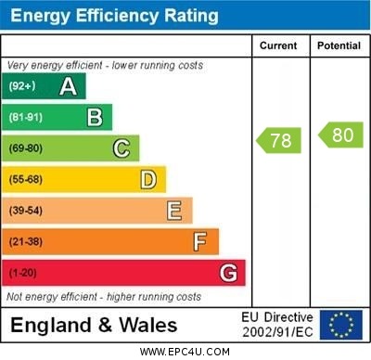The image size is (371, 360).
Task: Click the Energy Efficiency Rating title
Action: coord(113,16)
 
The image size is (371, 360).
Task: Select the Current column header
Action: coord(278,45)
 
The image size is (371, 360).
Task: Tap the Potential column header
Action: coord(339,45)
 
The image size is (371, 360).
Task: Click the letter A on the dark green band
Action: coord(68,86)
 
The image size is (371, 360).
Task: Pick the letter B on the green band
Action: coord(95,117)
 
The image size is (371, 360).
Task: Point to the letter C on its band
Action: coord(121,148)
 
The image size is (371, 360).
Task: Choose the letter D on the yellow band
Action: coord(147,179)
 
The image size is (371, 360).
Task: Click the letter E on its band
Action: coord(173,211)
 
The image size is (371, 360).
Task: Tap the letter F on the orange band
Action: coord(199,242)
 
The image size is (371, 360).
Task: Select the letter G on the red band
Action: coord(228,273)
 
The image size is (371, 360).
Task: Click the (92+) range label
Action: coord(21,86)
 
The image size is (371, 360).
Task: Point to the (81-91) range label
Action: coord(25,117)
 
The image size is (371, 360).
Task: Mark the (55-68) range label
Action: coord(25,179)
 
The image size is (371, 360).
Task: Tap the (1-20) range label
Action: coord(22,274)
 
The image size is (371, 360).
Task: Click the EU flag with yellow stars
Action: coord(341,325)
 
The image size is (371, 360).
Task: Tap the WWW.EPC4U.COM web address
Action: coord(185,352)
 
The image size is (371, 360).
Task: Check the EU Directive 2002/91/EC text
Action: coord(277,325)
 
